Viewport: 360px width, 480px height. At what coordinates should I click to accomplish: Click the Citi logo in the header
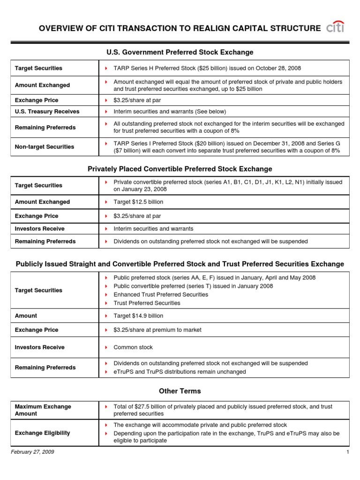(335, 27)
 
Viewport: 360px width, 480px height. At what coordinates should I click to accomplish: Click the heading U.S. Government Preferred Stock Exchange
(180, 52)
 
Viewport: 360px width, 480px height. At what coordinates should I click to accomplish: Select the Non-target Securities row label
(45, 147)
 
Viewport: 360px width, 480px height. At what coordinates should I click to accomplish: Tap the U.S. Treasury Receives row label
(47, 112)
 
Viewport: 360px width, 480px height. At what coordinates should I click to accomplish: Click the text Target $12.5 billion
(138, 202)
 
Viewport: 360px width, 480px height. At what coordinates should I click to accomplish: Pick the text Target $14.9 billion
(138, 316)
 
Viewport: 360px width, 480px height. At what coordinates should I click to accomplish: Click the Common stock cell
(133, 347)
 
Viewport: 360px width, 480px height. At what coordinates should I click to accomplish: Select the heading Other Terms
(180, 391)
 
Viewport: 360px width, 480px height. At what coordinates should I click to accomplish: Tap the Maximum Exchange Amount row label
(43, 410)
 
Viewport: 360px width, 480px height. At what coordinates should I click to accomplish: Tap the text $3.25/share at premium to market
(157, 330)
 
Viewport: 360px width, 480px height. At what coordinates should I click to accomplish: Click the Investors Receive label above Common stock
(40, 347)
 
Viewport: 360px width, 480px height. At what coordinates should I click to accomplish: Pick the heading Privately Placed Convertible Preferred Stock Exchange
(180, 169)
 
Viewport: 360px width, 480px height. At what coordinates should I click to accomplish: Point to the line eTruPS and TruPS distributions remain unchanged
(180, 372)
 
